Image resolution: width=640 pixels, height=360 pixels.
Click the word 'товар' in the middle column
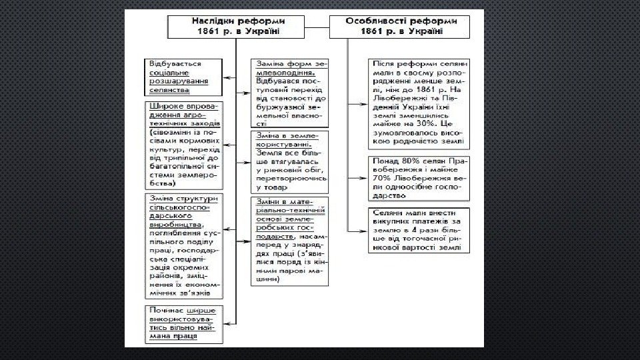(272, 189)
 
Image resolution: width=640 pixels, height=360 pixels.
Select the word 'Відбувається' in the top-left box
(175, 63)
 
